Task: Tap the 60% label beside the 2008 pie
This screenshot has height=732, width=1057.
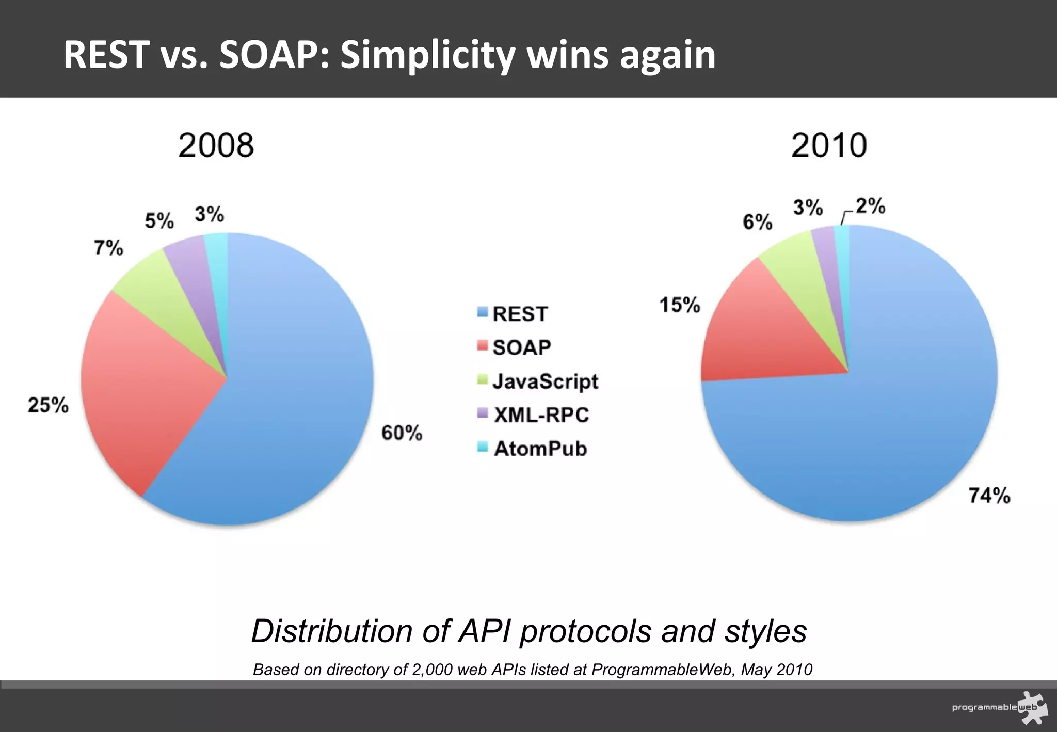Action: (402, 433)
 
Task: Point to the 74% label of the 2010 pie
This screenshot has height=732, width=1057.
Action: (989, 496)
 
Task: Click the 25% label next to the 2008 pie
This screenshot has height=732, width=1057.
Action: (48, 405)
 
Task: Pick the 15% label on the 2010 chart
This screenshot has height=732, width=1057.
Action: (680, 305)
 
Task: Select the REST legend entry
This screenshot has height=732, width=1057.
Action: (519, 314)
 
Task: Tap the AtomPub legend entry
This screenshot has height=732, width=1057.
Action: (539, 449)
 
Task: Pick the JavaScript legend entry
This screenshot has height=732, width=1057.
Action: (544, 381)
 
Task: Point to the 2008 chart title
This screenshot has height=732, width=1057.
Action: (216, 146)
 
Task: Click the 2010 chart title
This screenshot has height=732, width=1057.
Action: (828, 146)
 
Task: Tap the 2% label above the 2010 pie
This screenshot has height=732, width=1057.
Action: (870, 206)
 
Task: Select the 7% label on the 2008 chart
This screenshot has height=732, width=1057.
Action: (108, 248)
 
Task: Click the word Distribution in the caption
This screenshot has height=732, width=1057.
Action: (331, 631)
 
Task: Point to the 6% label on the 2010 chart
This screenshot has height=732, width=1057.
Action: (757, 222)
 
